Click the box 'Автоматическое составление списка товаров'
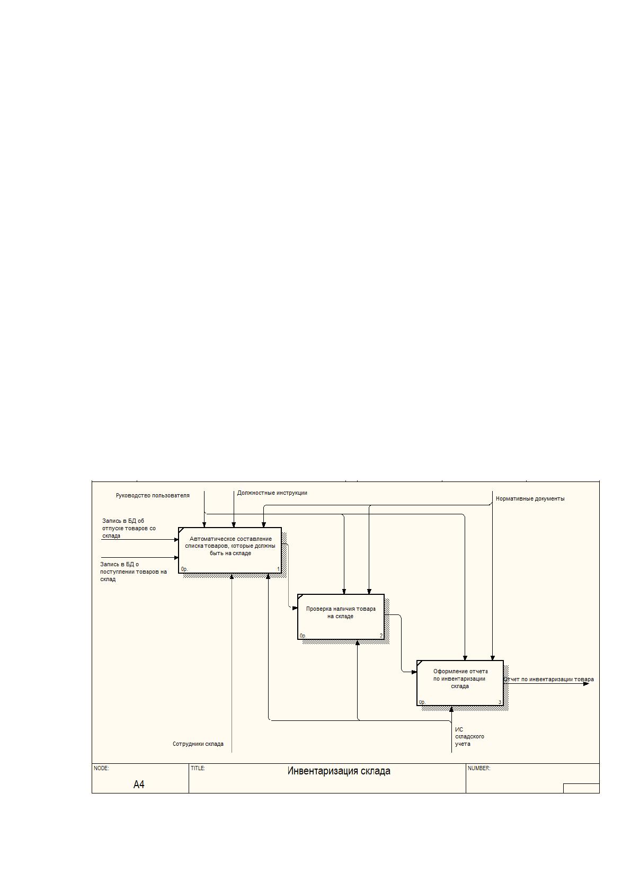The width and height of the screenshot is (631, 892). (x=230, y=550)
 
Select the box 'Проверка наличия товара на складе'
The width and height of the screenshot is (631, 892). (x=341, y=617)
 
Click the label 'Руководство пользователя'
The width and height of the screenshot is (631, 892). (x=153, y=495)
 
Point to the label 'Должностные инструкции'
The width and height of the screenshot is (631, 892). (x=272, y=493)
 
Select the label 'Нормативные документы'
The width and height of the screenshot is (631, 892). (x=530, y=498)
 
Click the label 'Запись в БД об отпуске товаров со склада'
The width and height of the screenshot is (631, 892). (x=129, y=528)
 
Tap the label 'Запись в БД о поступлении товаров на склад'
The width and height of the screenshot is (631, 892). (x=133, y=572)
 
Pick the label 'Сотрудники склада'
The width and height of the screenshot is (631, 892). (x=198, y=744)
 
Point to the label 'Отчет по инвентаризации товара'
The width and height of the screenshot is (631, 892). (x=549, y=680)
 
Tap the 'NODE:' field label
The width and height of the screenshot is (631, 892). (x=101, y=768)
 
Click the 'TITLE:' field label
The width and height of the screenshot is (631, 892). (x=198, y=768)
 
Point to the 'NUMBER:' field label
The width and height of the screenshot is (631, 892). (x=479, y=768)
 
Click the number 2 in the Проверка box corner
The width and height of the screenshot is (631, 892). (x=381, y=636)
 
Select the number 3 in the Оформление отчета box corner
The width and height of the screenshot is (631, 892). (x=500, y=702)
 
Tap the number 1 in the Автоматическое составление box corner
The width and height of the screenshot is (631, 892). (x=279, y=569)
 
